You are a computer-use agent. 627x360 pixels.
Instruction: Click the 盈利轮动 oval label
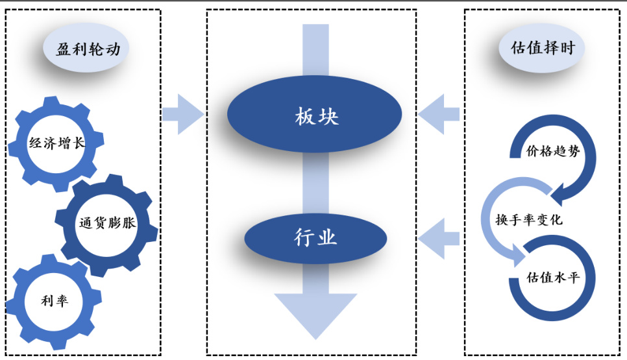coord(88,49)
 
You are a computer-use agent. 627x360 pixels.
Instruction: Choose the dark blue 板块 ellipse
coord(315,117)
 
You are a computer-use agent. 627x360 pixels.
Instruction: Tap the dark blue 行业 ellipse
coord(315,237)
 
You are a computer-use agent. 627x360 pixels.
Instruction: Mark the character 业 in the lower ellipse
coord(328,237)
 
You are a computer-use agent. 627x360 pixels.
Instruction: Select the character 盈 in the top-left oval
coord(64,49)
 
